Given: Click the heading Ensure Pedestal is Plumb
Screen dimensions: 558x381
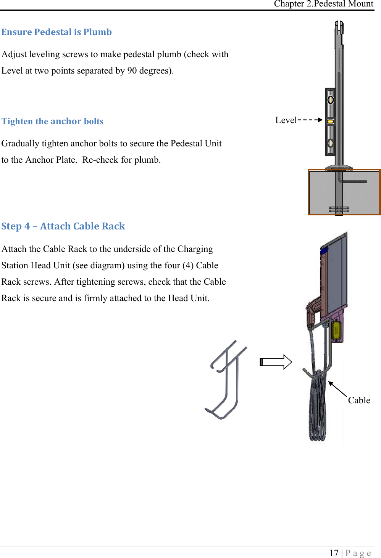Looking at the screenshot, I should click(x=57, y=32).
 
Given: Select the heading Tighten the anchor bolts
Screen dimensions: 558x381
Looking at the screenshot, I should click(x=52, y=121).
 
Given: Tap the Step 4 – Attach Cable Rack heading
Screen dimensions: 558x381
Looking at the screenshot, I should click(x=63, y=226).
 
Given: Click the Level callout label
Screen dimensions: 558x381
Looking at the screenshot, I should click(x=286, y=120).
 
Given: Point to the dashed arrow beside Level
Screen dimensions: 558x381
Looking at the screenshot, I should click(x=310, y=120).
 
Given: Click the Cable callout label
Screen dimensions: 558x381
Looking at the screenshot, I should click(x=359, y=400).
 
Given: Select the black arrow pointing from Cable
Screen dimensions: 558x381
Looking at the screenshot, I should click(x=337, y=389).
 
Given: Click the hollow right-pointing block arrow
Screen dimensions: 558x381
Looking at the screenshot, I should click(x=276, y=362).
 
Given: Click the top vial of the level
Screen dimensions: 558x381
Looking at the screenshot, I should click(x=331, y=100).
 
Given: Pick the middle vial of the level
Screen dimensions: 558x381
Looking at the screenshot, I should click(x=331, y=122).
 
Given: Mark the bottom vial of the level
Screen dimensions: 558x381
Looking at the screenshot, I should click(x=331, y=143).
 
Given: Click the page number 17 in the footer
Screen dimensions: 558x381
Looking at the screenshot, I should click(x=334, y=553).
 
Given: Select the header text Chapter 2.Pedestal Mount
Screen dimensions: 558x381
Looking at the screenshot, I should click(x=323, y=4).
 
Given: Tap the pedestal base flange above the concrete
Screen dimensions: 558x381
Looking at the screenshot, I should click(x=339, y=167).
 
